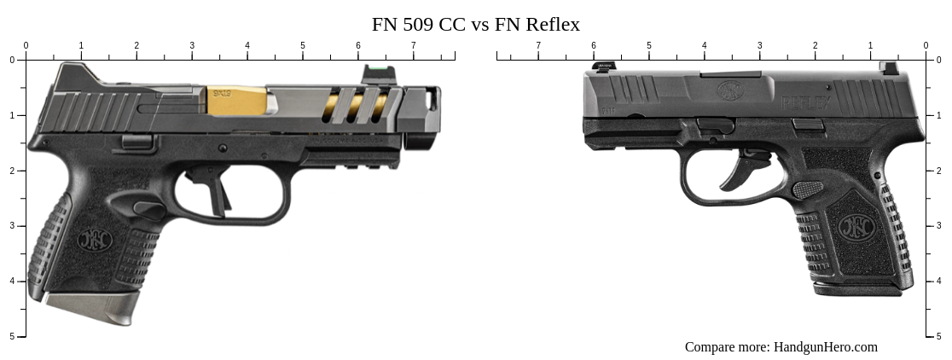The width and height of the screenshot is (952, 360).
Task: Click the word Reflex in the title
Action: pos(550,24)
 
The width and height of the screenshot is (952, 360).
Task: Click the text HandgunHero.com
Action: pos(825,346)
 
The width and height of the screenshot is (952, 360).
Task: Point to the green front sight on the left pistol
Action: pos(373,72)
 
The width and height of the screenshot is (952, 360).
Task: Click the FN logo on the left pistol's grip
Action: pos(94,240)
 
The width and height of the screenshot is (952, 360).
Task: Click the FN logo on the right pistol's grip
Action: pos(854,226)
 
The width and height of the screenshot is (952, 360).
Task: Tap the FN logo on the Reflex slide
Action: pos(730,90)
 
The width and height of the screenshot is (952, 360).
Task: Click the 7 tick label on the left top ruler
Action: pos(413,45)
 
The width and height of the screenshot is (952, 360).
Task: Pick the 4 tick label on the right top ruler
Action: pos(704,45)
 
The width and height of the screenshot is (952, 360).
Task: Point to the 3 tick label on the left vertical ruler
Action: pos(12,226)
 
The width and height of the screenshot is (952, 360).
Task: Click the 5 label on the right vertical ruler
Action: pos(939,336)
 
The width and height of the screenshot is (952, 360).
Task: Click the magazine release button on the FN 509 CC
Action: pos(148,207)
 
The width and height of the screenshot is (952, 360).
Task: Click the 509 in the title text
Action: pos(420,24)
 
